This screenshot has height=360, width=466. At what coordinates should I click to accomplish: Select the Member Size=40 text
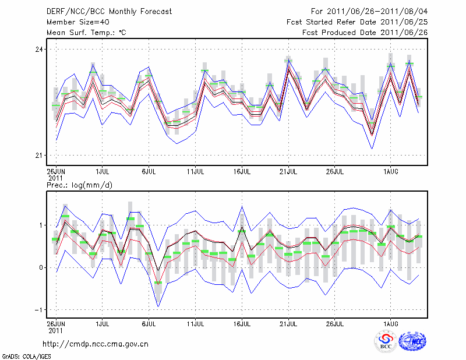[x=74, y=22]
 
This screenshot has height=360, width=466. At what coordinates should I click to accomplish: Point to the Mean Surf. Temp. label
[x=86, y=33]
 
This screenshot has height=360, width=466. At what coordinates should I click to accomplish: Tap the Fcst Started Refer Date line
[x=357, y=22]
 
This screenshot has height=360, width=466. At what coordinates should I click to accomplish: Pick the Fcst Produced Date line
[x=365, y=33]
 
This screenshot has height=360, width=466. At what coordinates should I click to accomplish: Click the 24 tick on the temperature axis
[x=39, y=50]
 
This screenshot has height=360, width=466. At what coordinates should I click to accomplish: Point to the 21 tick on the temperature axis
[x=39, y=156]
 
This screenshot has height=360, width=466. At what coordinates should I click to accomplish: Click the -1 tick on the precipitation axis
[x=39, y=310]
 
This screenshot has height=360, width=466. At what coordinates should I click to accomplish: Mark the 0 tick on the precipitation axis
[x=41, y=267]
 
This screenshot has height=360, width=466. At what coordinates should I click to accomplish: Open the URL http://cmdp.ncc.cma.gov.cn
[x=96, y=344]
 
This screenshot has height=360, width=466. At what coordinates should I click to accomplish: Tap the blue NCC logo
[x=412, y=342]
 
